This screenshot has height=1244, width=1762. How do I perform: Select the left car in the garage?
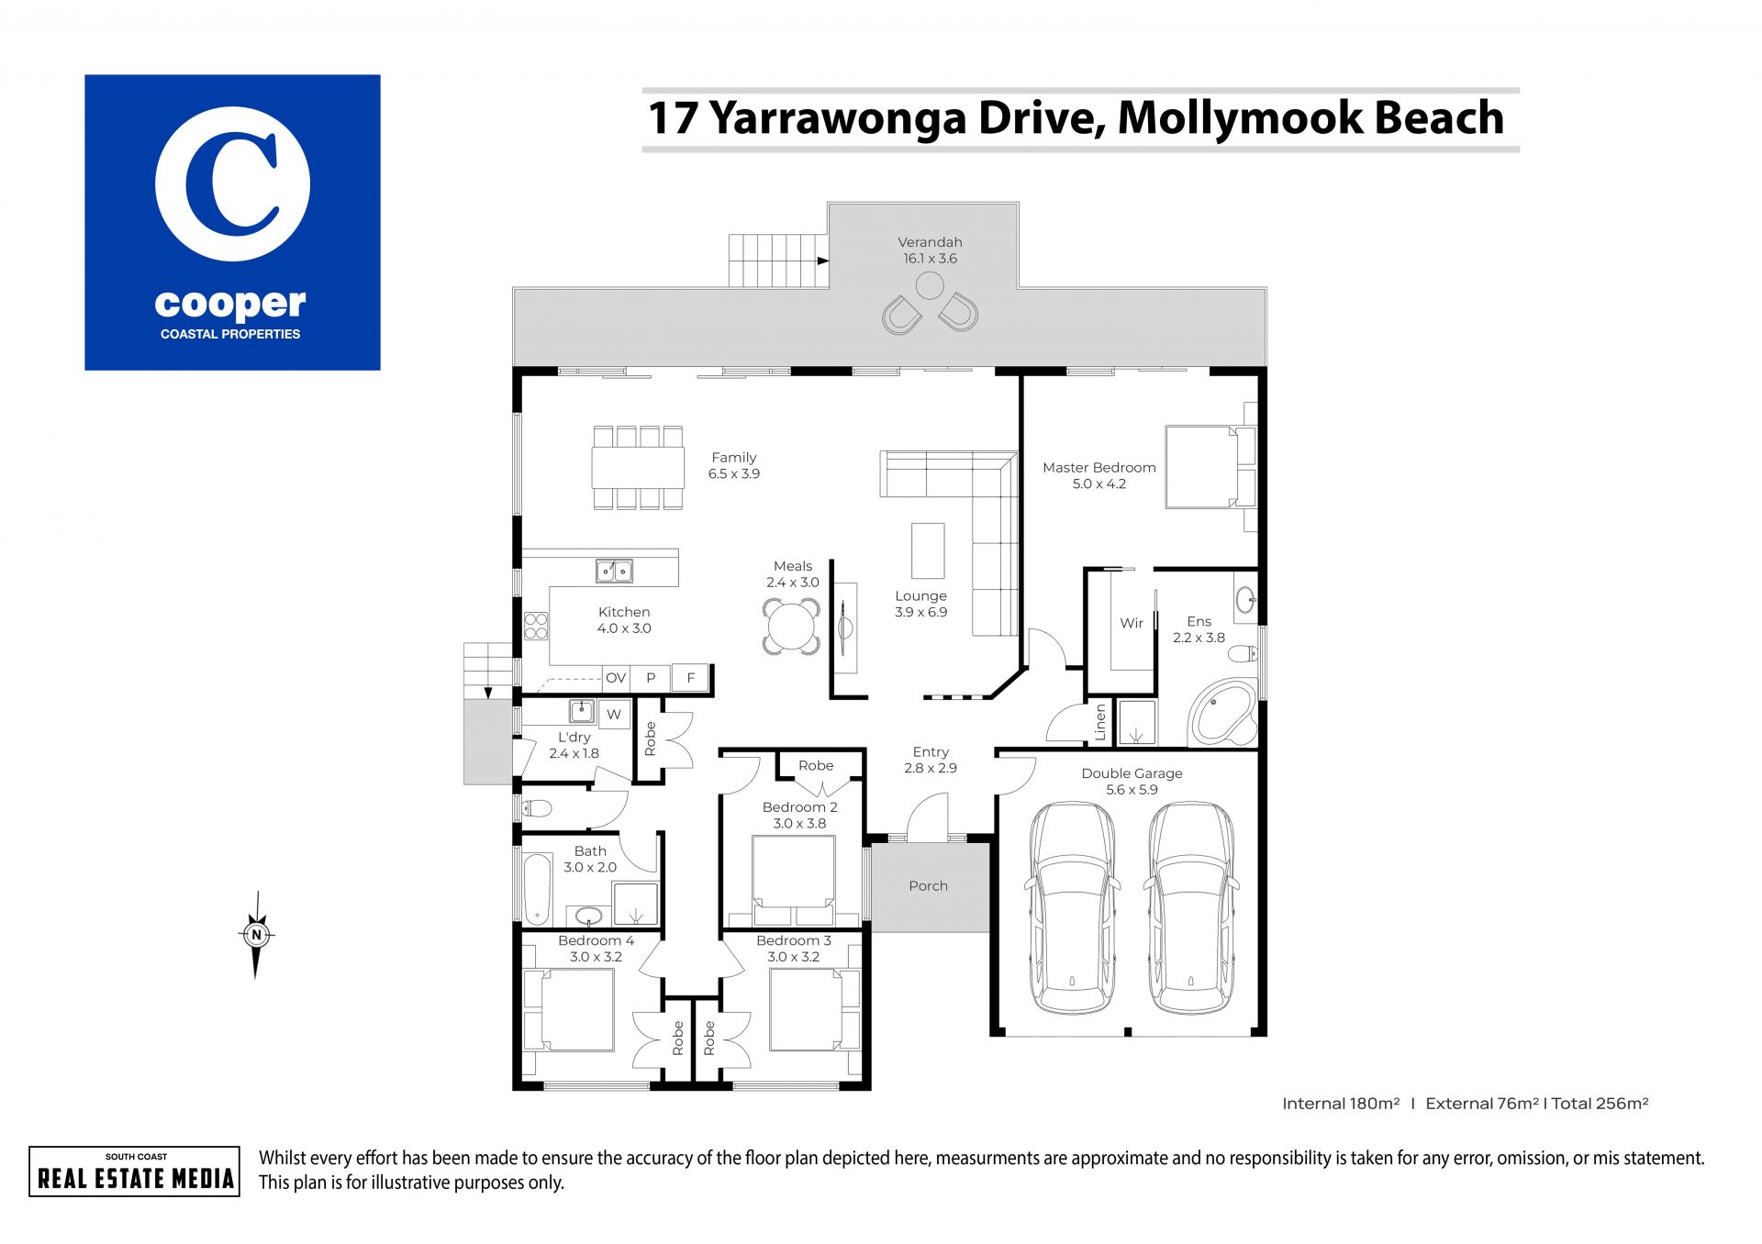[x=1072, y=907]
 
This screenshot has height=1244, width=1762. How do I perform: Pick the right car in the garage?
[x=1191, y=907]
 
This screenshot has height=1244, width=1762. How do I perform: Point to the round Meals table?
[x=791, y=627]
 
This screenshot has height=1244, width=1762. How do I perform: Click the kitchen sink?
[x=614, y=571]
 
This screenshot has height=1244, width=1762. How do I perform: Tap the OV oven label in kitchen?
[x=616, y=678]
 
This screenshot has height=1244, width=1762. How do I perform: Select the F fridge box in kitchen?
[x=691, y=678]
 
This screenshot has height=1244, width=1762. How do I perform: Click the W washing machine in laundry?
[x=614, y=714]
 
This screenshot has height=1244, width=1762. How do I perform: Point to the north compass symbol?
[x=257, y=935]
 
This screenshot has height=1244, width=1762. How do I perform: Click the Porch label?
[x=928, y=886]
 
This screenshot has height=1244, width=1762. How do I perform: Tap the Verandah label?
[x=930, y=242]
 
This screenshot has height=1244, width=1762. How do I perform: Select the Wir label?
[x=1132, y=623]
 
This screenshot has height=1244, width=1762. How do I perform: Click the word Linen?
[x=1100, y=721]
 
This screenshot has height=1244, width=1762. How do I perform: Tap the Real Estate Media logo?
[x=135, y=1172]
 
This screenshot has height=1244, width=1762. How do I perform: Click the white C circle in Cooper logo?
[x=232, y=184]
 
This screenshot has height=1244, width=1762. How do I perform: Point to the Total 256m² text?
[x=1600, y=1104]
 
